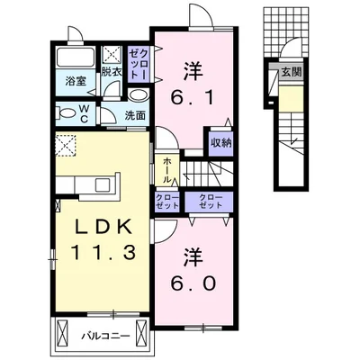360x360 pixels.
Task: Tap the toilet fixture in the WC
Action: coord(66,113)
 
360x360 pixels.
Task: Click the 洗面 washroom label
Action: coord(135,115)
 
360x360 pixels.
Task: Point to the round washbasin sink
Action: coord(138,95)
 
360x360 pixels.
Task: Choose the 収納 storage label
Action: coord(220,141)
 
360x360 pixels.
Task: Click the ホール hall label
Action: coord(166,168)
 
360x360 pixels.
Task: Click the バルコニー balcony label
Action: coord(108,337)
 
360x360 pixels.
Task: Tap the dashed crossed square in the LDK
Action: coord(66,143)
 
